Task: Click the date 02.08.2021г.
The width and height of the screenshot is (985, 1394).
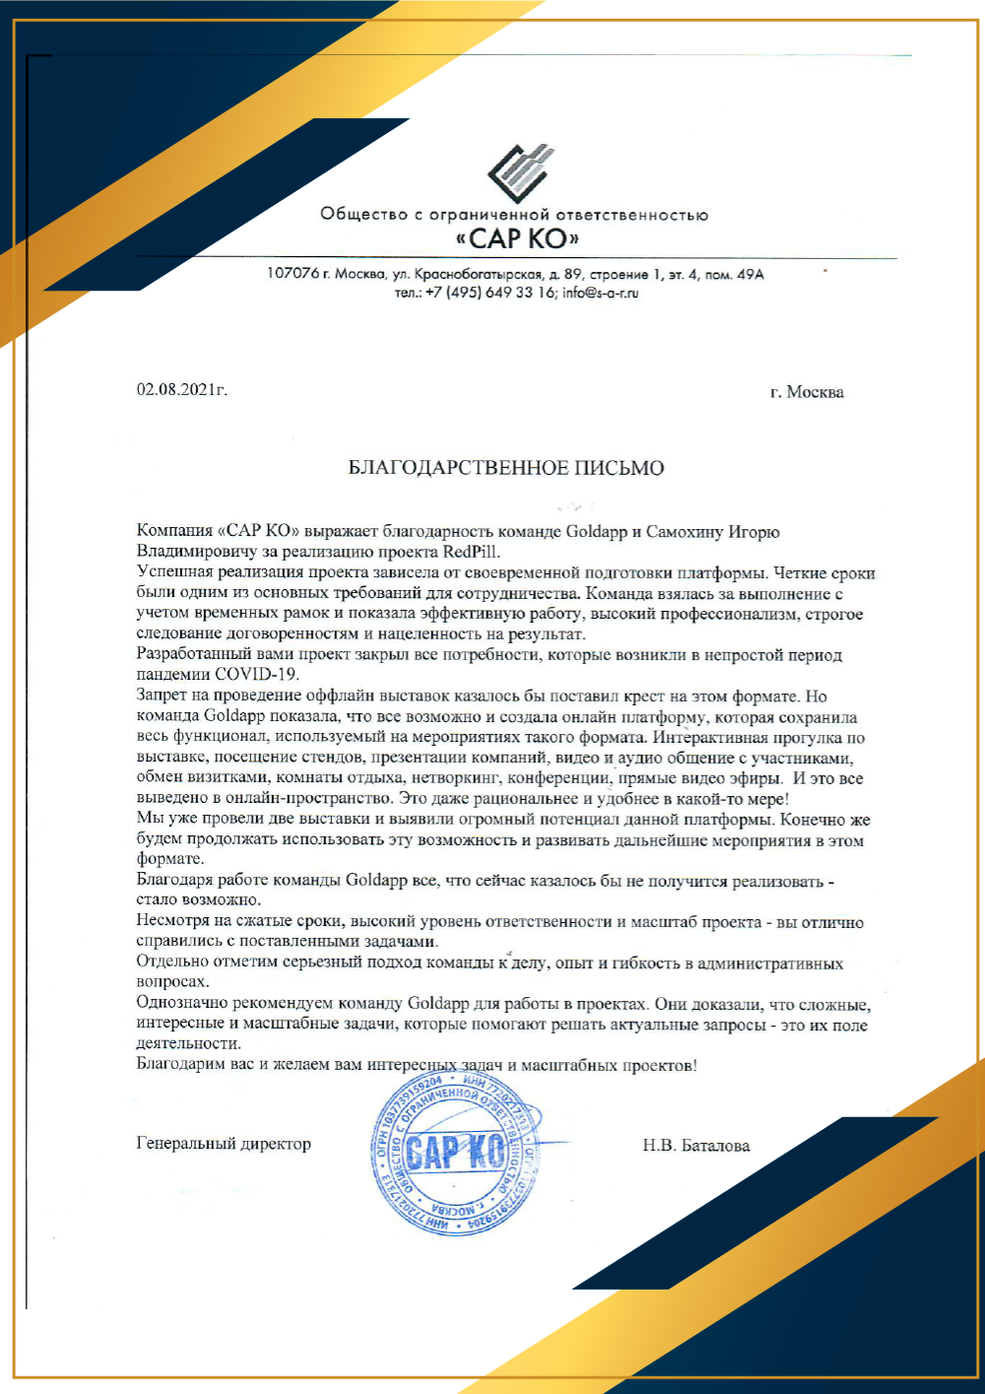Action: pos(182,390)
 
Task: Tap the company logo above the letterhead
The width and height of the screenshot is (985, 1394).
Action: pos(520,173)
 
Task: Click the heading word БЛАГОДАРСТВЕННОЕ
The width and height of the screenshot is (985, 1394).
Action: pos(448,468)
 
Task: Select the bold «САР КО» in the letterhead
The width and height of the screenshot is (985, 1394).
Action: pos(517,238)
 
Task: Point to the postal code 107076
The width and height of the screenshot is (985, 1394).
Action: pos(293,274)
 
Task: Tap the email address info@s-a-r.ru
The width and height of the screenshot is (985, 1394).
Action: pos(601,293)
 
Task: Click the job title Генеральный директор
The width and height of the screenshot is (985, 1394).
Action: pos(224,1144)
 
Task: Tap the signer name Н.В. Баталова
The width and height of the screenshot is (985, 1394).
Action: pos(695,1146)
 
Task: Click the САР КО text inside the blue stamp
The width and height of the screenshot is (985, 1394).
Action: pos(455,1151)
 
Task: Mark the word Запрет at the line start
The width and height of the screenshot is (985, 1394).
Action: pos(162,697)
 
